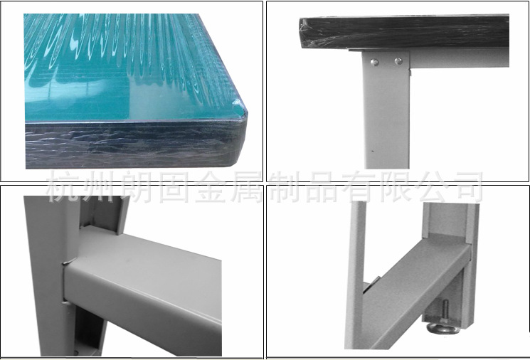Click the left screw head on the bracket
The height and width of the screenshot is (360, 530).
(x=373, y=62)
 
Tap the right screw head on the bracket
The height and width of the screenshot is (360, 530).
(x=398, y=61)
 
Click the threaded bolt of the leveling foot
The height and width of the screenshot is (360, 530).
(x=445, y=312)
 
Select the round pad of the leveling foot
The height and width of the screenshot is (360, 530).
(x=442, y=327)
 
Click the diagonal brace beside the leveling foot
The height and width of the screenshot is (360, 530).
(x=415, y=297)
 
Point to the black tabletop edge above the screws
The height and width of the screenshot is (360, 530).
(x=404, y=33)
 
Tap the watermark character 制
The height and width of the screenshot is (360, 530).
(x=284, y=186)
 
